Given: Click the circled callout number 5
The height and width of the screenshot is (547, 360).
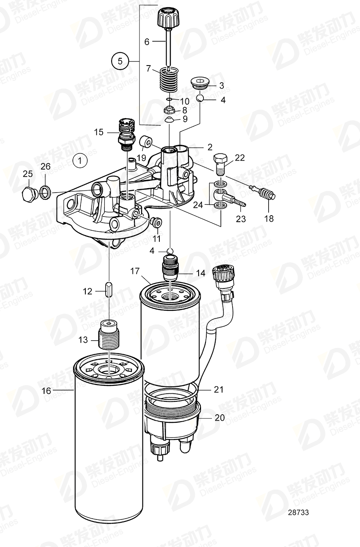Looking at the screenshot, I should (x=120, y=61).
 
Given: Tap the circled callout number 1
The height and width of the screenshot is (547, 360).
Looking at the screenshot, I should (x=80, y=161).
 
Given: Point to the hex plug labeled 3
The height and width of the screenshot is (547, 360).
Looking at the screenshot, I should (x=199, y=83).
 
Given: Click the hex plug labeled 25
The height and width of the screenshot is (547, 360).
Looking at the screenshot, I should (x=29, y=194).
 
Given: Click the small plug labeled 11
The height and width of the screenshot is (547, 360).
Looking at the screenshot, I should (x=156, y=222).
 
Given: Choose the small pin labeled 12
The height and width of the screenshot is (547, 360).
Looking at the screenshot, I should (x=109, y=290).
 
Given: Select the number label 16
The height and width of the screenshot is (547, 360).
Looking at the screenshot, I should (x=47, y=390).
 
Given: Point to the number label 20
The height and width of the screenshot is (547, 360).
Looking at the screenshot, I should (x=219, y=418).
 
